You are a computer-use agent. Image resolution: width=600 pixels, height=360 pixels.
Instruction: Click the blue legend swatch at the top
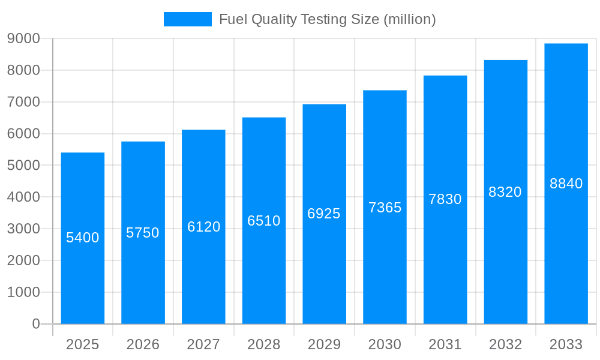(187, 19)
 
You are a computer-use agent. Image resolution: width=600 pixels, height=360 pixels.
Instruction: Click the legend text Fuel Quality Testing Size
(327, 19)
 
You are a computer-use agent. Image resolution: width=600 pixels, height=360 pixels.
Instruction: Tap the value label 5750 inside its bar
(143, 233)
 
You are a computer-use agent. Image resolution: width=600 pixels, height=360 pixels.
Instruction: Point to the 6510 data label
(264, 221)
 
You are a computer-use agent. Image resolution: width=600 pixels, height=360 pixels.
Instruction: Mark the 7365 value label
(385, 208)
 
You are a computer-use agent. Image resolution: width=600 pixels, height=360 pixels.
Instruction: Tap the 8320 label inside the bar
(505, 192)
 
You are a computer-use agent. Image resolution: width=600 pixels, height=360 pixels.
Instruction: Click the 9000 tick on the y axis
(23, 38)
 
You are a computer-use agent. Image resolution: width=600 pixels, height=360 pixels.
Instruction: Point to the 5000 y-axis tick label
(23, 165)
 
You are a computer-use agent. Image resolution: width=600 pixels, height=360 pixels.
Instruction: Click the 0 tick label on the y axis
(36, 324)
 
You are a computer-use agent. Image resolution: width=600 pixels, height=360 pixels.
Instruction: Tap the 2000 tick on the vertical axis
(23, 260)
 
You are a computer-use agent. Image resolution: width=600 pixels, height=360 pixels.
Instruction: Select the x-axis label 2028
(264, 344)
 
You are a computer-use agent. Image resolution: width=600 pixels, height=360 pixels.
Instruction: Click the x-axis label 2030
(385, 344)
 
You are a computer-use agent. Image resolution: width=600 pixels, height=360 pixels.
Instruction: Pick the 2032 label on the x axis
(505, 344)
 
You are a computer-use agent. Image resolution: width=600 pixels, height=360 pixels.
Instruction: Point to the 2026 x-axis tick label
(143, 344)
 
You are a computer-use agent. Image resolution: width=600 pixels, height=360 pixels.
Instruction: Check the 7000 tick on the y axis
(23, 102)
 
